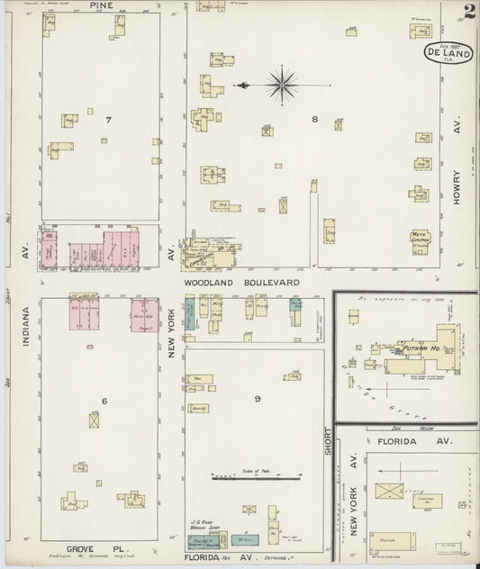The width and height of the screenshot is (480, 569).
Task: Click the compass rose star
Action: tap(283, 86)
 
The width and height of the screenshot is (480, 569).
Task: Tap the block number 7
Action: tap(107, 119)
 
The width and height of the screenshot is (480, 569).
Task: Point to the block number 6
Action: tap(104, 401)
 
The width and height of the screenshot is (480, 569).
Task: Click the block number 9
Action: tap(257, 398)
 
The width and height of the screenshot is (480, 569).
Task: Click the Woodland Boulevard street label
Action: tap(241, 283)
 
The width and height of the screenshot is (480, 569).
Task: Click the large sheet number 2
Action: tap(469, 13)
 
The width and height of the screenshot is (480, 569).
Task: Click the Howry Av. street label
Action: tap(457, 162)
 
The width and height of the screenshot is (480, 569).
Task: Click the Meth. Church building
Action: tap(421, 238)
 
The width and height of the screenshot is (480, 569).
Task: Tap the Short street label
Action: tap(329, 435)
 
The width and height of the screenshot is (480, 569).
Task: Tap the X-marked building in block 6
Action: tap(94, 420)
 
